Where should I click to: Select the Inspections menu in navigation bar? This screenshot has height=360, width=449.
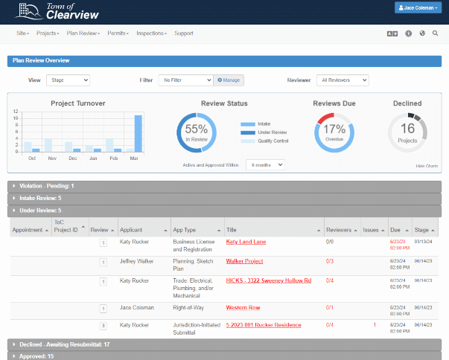151,33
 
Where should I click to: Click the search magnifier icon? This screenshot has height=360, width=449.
436,33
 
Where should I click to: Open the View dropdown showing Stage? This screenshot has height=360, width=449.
68,80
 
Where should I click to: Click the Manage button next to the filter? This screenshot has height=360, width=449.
229,80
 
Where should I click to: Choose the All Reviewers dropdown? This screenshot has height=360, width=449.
343,80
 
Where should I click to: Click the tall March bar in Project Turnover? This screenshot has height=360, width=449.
138,133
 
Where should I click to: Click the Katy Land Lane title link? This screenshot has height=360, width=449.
246,242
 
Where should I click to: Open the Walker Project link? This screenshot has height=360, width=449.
244,261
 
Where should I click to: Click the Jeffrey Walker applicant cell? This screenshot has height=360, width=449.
136,261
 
